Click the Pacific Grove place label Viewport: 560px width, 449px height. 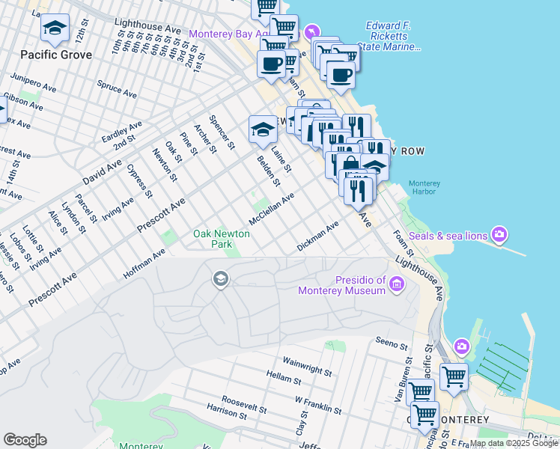56,55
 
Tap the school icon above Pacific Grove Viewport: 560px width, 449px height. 55,28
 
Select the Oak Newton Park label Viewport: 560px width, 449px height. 222,239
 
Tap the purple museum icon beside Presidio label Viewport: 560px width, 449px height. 397,284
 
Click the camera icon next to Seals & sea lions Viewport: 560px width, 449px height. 500,235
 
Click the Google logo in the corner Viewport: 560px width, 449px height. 25,440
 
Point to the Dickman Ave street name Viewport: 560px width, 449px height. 318,235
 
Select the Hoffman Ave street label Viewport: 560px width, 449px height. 144,265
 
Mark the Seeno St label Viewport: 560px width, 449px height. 392,346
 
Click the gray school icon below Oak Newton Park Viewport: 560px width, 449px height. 220,280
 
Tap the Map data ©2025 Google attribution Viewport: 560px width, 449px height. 514,444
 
